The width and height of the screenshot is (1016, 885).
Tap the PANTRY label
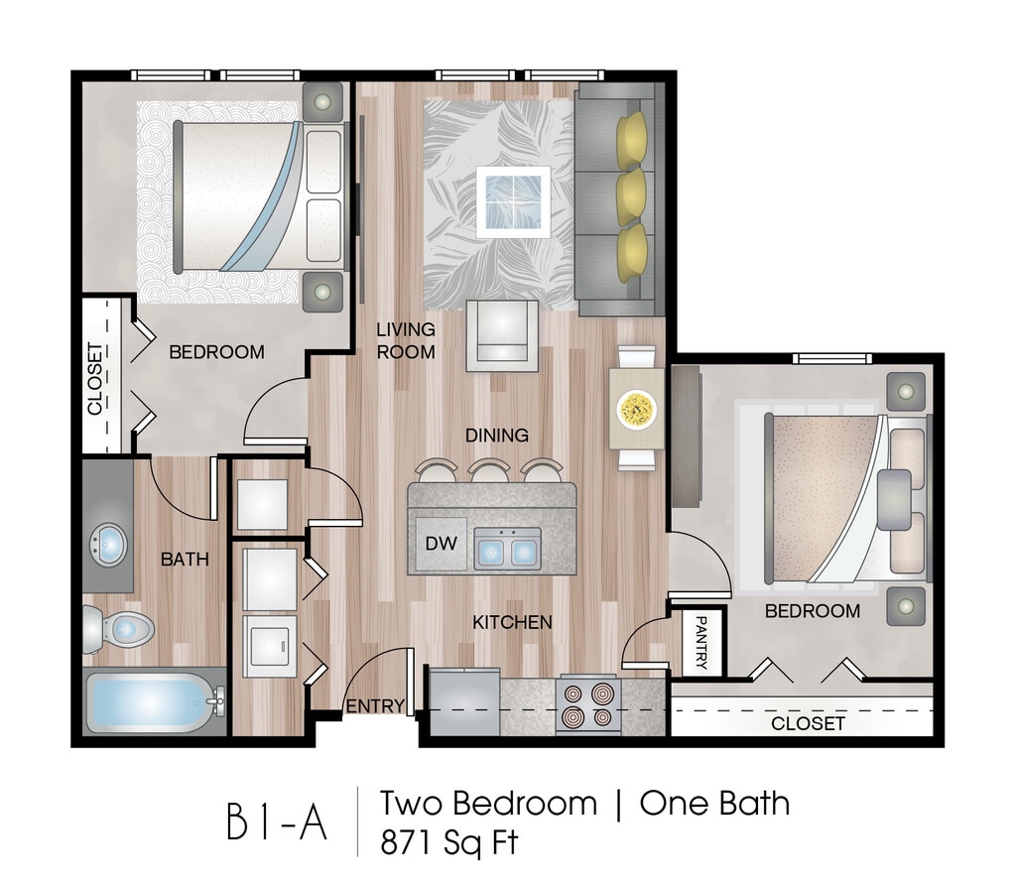click(702, 642)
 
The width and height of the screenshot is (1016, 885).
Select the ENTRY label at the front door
click(375, 705)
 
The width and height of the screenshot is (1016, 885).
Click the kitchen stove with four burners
click(588, 704)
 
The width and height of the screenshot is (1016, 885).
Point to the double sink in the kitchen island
click(507, 548)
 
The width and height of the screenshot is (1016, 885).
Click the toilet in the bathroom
click(119, 629)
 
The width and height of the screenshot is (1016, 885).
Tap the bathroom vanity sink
click(108, 544)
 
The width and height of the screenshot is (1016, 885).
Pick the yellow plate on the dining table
click(636, 407)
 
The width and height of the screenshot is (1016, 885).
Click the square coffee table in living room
click(513, 201)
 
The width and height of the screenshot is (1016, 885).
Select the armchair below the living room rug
click(502, 334)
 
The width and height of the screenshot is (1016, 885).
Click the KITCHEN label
click(512, 622)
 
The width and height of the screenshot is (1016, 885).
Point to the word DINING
click(497, 435)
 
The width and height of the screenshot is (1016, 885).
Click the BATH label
click(185, 559)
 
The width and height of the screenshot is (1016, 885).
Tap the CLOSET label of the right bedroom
click(808, 723)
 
